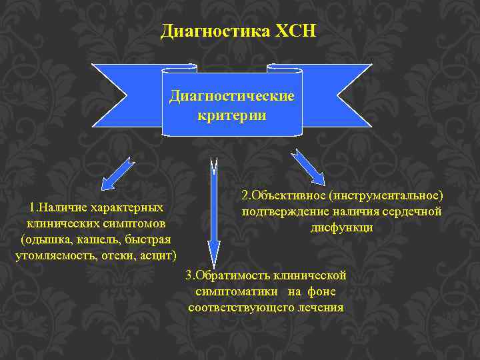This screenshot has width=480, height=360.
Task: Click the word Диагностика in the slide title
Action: point(211,31)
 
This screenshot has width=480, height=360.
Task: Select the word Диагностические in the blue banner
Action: point(231,96)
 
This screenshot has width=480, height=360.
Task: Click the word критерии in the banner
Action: point(232,115)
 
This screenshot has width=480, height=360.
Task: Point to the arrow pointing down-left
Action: point(118,175)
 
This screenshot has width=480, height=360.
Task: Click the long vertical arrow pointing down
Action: point(213,213)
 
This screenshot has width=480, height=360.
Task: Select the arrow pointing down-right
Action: point(307,166)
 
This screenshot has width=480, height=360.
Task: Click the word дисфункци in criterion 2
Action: point(341,227)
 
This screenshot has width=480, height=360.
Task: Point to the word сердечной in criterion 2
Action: point(413,212)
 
